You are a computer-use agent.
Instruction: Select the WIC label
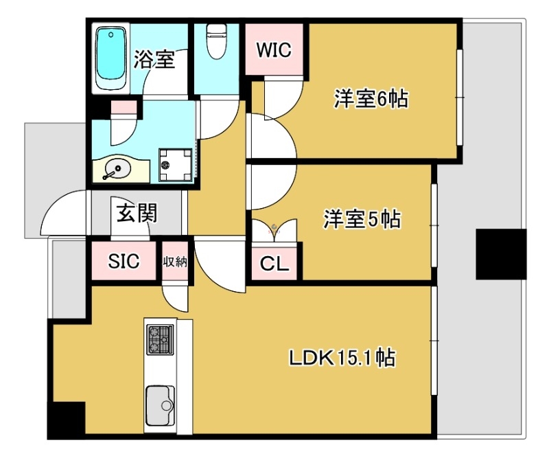(274, 50)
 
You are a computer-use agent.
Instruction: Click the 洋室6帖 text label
(371, 100)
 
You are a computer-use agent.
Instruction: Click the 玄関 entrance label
(137, 214)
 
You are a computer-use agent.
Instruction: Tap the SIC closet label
(124, 261)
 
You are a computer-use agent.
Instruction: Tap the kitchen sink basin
(160, 405)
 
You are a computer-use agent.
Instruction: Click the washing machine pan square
(176, 164)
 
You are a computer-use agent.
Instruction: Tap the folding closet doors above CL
(274, 229)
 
